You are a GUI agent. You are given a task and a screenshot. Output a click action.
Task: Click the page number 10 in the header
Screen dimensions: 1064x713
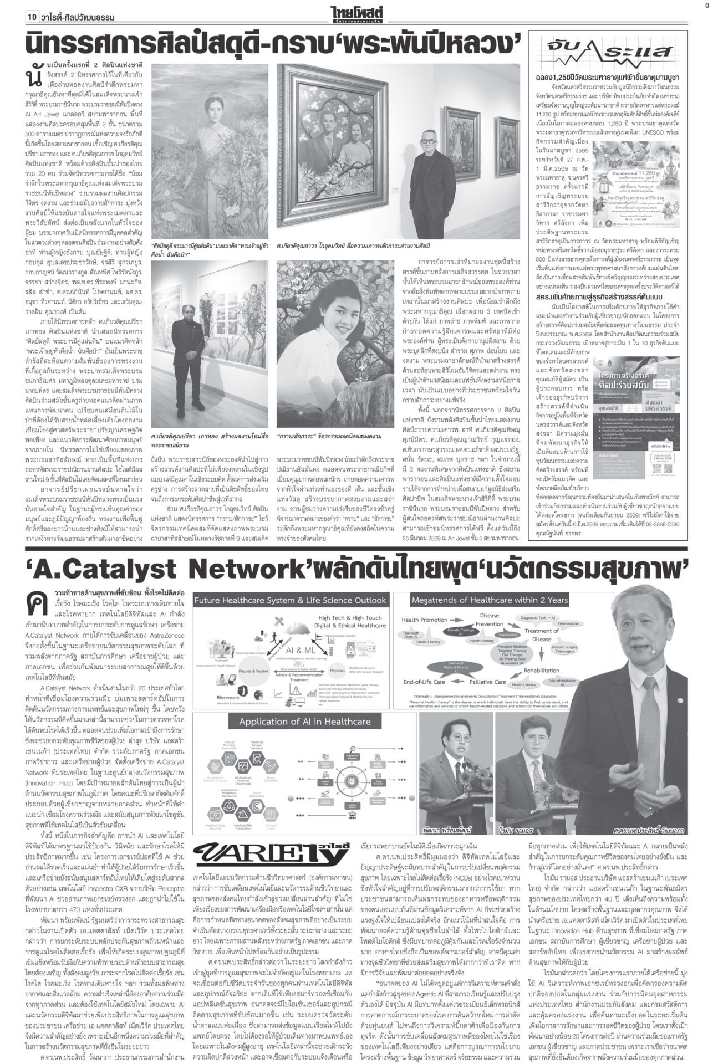pos(32,17)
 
